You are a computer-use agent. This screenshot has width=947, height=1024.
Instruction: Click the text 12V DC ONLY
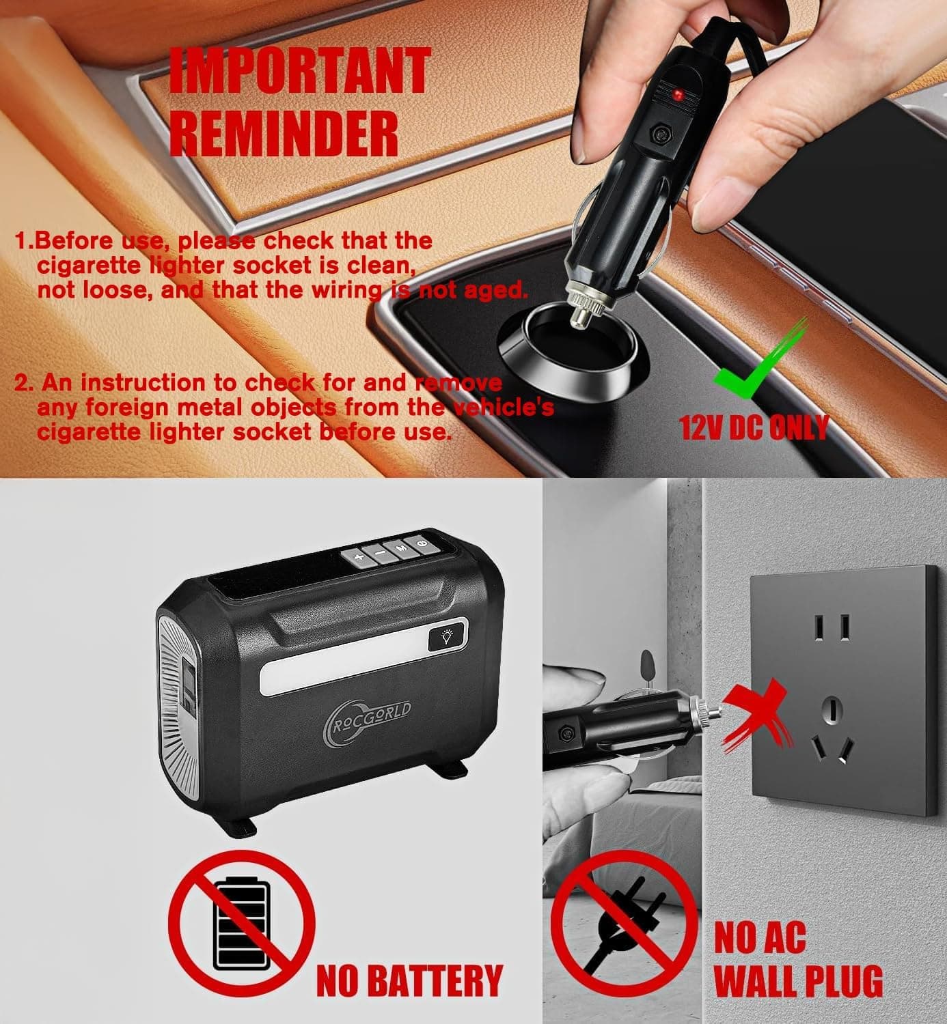click(x=754, y=427)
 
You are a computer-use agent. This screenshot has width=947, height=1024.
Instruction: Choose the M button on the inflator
click(x=401, y=547)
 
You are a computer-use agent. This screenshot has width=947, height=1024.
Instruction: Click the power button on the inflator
click(x=422, y=543)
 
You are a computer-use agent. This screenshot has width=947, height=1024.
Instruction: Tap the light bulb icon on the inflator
click(x=448, y=638)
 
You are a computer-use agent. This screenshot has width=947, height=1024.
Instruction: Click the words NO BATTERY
click(x=409, y=981)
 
